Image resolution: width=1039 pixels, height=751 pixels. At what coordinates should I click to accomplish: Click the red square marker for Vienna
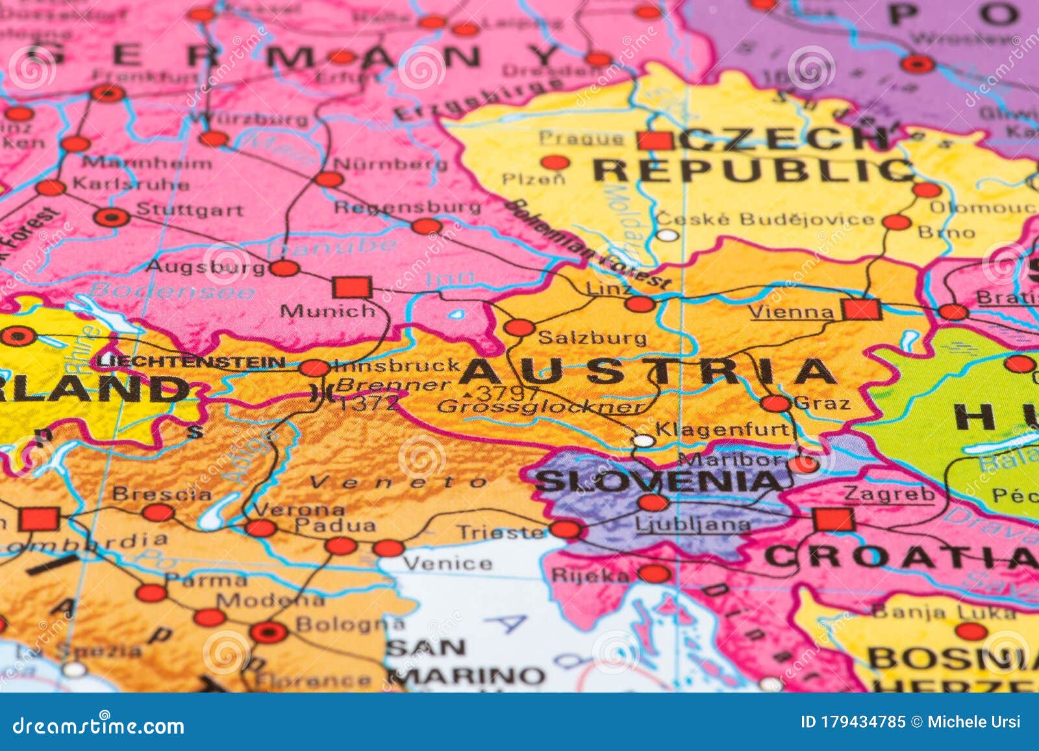pos(862,310)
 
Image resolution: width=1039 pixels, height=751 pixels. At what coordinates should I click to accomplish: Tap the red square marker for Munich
pos(351,287)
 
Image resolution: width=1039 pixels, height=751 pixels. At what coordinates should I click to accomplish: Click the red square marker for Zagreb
pos(833,519)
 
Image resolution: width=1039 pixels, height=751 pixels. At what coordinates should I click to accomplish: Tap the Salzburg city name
pos(592,338)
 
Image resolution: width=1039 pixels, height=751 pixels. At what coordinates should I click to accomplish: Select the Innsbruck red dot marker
pos(314,368)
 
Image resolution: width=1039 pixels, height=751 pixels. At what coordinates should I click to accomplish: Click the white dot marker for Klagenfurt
pos(643,441)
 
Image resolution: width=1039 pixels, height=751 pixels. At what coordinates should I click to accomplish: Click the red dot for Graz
pos(775,404)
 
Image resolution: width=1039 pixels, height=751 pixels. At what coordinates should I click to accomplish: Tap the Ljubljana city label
pos(692,524)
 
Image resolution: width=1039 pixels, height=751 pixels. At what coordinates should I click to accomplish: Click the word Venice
pos(447,562)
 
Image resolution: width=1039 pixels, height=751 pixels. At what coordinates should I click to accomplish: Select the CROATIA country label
pos(899,557)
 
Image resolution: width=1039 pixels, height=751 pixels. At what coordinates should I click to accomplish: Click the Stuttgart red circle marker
pos(112,217)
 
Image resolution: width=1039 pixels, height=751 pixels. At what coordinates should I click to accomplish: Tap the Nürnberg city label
pos(391,164)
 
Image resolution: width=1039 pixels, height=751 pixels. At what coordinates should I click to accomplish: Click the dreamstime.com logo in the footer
pos(99,726)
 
